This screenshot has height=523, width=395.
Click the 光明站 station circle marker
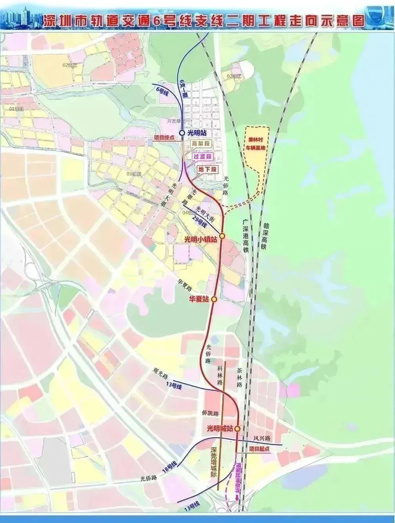tap(182, 132)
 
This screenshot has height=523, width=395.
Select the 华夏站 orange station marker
tap(214, 299)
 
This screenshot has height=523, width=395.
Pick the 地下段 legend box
tap(207, 168)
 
